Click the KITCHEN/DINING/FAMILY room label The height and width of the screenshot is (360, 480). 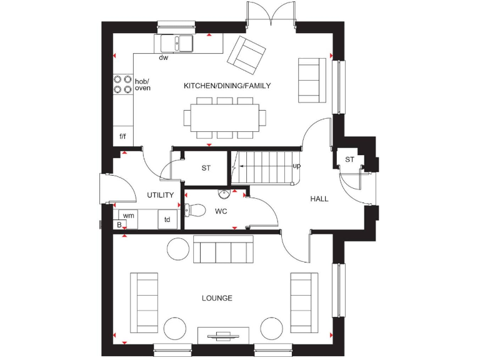227,86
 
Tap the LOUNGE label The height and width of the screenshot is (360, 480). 217,298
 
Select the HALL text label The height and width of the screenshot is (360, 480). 319,199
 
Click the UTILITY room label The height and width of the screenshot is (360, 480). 161,195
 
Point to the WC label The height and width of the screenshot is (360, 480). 221,211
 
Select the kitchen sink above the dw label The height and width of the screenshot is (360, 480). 176,43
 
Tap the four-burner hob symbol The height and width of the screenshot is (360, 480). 122,84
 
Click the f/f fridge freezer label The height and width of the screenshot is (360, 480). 123,136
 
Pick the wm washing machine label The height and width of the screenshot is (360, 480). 129,215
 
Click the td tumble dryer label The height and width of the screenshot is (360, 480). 167,219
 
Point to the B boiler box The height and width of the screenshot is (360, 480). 119,224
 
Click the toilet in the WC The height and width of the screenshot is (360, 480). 193,210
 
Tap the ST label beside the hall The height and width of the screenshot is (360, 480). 349,160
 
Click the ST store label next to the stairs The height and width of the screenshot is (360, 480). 206,168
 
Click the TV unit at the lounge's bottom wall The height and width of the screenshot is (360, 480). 223,335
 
